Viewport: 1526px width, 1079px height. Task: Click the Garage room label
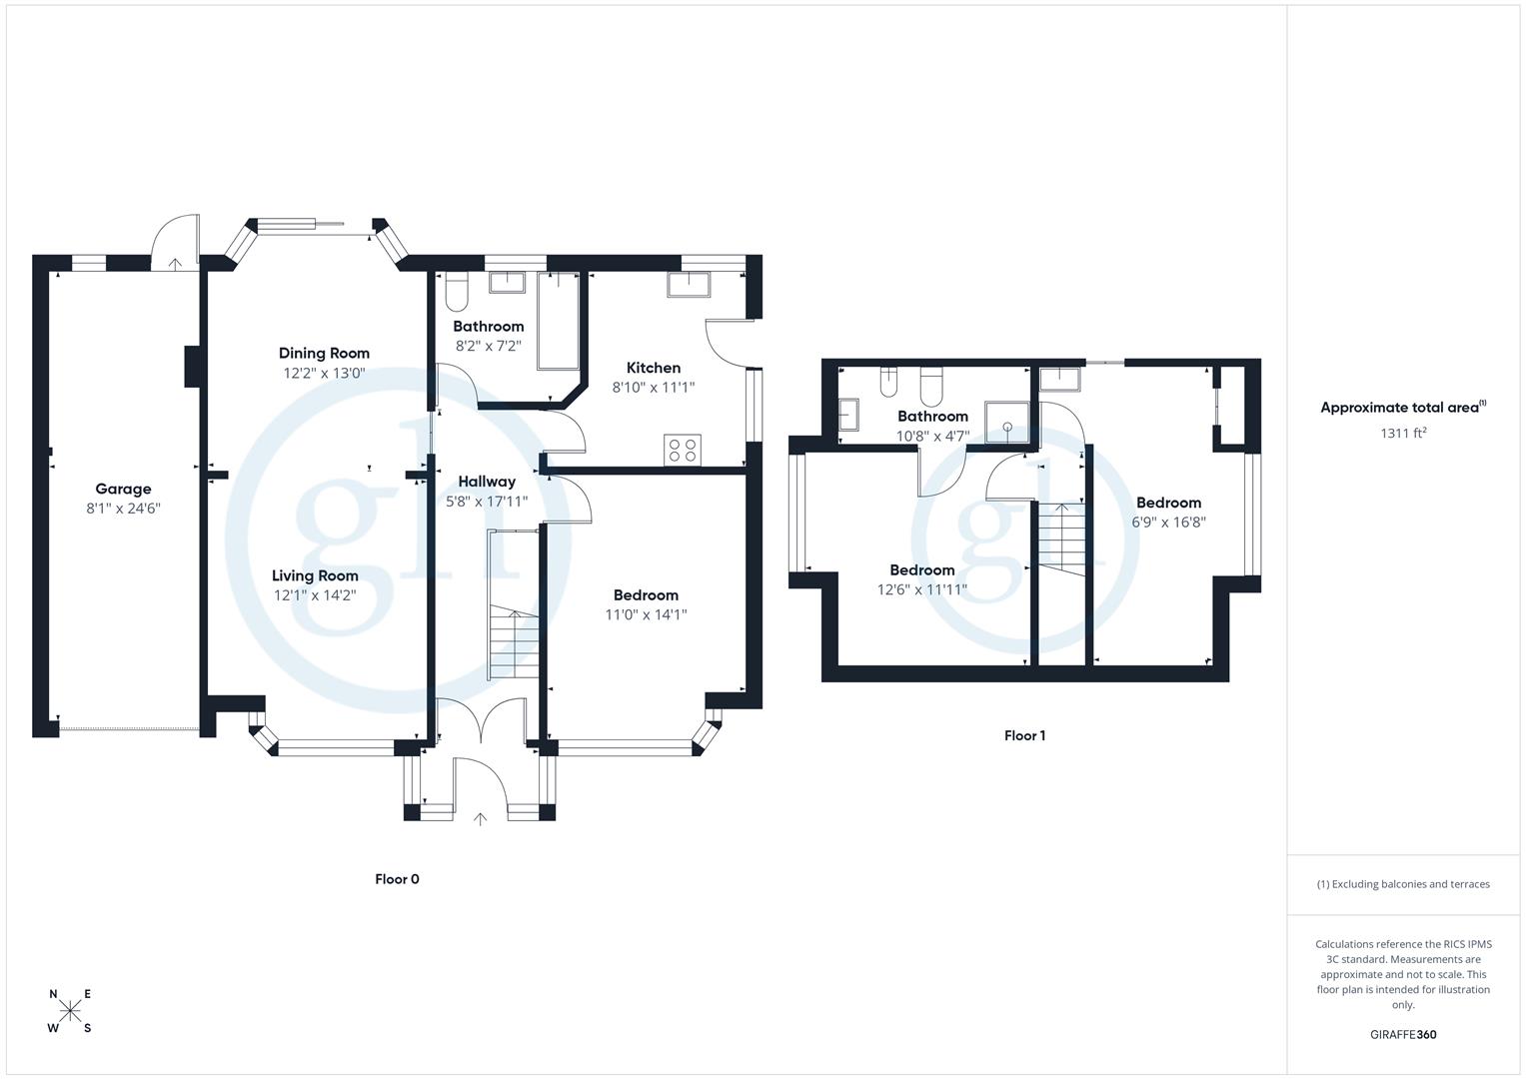point(123,489)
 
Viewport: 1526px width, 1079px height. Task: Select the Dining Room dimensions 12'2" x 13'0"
point(324,373)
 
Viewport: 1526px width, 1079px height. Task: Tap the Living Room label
point(315,575)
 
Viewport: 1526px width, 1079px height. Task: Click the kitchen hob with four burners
point(684,450)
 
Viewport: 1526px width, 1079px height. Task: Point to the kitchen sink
point(689,285)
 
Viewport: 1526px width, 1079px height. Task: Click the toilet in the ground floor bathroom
point(456,291)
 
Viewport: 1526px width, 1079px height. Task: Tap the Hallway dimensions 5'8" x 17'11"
point(487,502)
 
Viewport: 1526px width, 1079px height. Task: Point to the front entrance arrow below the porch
point(480,819)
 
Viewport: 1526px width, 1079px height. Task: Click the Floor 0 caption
point(397,879)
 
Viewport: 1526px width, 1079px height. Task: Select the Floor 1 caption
point(1024,735)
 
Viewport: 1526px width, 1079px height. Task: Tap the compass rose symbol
point(70,1011)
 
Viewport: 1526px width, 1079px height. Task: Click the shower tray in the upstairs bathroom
point(1007,424)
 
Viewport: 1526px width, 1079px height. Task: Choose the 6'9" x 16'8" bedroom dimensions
point(1168,522)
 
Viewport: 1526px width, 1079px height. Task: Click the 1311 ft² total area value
point(1403,433)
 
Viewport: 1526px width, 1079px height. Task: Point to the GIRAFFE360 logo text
point(1403,1035)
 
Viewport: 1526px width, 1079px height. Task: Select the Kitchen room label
point(654,368)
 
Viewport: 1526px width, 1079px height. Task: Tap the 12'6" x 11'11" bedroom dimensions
point(921,589)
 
